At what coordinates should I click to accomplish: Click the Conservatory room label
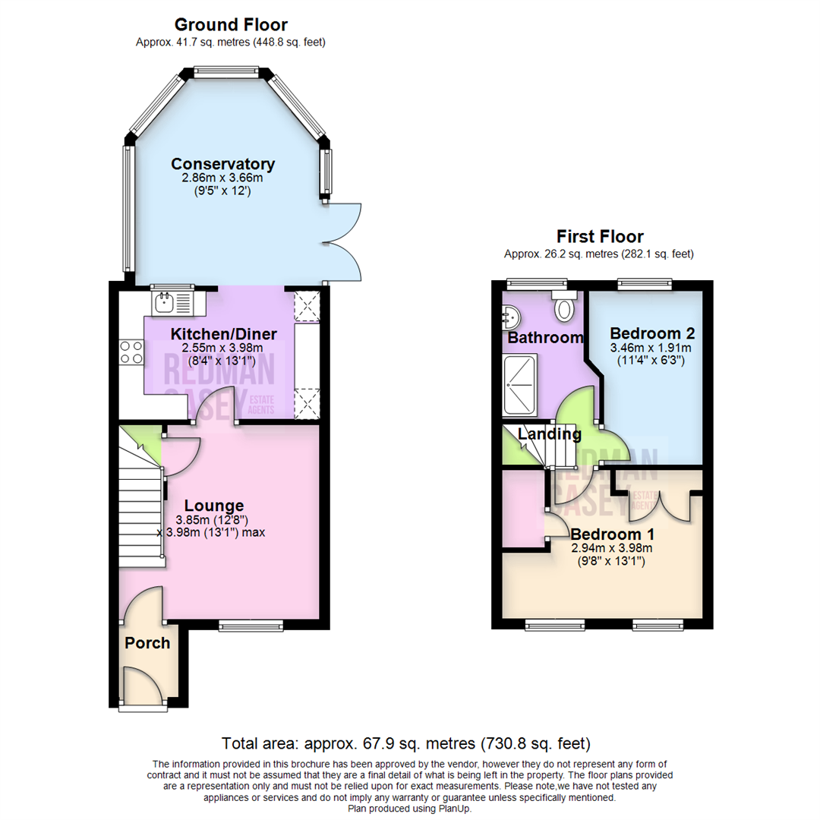click(222, 164)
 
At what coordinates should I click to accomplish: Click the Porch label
click(147, 643)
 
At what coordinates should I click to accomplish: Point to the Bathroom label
click(545, 337)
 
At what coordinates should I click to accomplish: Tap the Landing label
click(549, 434)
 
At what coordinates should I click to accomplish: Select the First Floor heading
click(599, 236)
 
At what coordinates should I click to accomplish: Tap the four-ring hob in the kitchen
click(131, 352)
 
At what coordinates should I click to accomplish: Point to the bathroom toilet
click(565, 307)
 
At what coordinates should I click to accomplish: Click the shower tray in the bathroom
click(520, 386)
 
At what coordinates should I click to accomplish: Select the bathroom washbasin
click(509, 314)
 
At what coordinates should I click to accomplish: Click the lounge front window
click(251, 626)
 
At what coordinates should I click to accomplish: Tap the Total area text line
click(405, 742)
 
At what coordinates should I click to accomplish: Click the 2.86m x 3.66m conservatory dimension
click(222, 178)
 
